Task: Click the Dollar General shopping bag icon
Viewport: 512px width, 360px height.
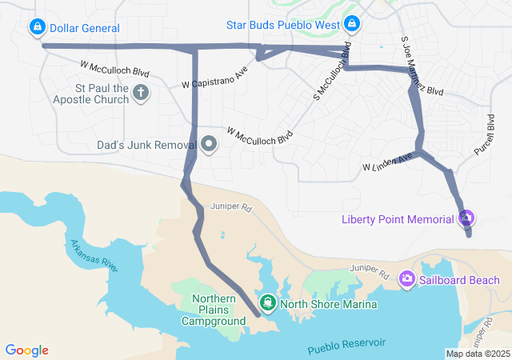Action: [x=37, y=28]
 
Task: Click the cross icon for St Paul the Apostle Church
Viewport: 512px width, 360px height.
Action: [x=141, y=93]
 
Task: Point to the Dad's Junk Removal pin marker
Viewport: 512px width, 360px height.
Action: [x=209, y=145]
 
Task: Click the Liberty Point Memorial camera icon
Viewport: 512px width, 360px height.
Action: [x=467, y=218]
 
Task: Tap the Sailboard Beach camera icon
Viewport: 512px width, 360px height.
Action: [x=407, y=279]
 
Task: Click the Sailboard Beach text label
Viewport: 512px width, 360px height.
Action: [x=462, y=280]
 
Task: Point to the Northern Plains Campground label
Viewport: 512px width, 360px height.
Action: [x=214, y=310]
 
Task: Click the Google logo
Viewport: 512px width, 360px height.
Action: [x=27, y=350]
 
